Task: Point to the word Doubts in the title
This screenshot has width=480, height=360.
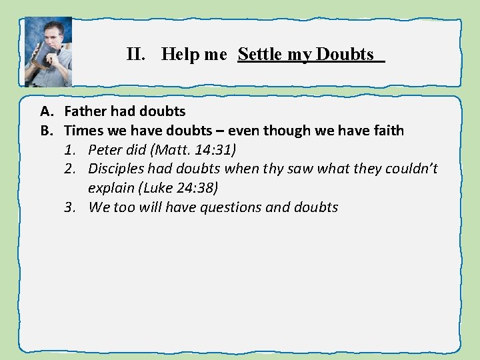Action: [x=345, y=55]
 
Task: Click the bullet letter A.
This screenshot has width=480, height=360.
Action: [x=45, y=111]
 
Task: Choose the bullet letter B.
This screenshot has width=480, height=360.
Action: [x=45, y=131]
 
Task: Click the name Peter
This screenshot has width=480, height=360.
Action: [x=104, y=150]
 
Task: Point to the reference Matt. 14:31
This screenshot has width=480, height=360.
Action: [x=193, y=150]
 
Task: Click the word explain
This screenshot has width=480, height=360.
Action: [x=111, y=188]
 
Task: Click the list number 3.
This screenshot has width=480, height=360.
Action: [x=69, y=207]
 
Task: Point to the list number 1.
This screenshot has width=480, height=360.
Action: [x=69, y=150]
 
